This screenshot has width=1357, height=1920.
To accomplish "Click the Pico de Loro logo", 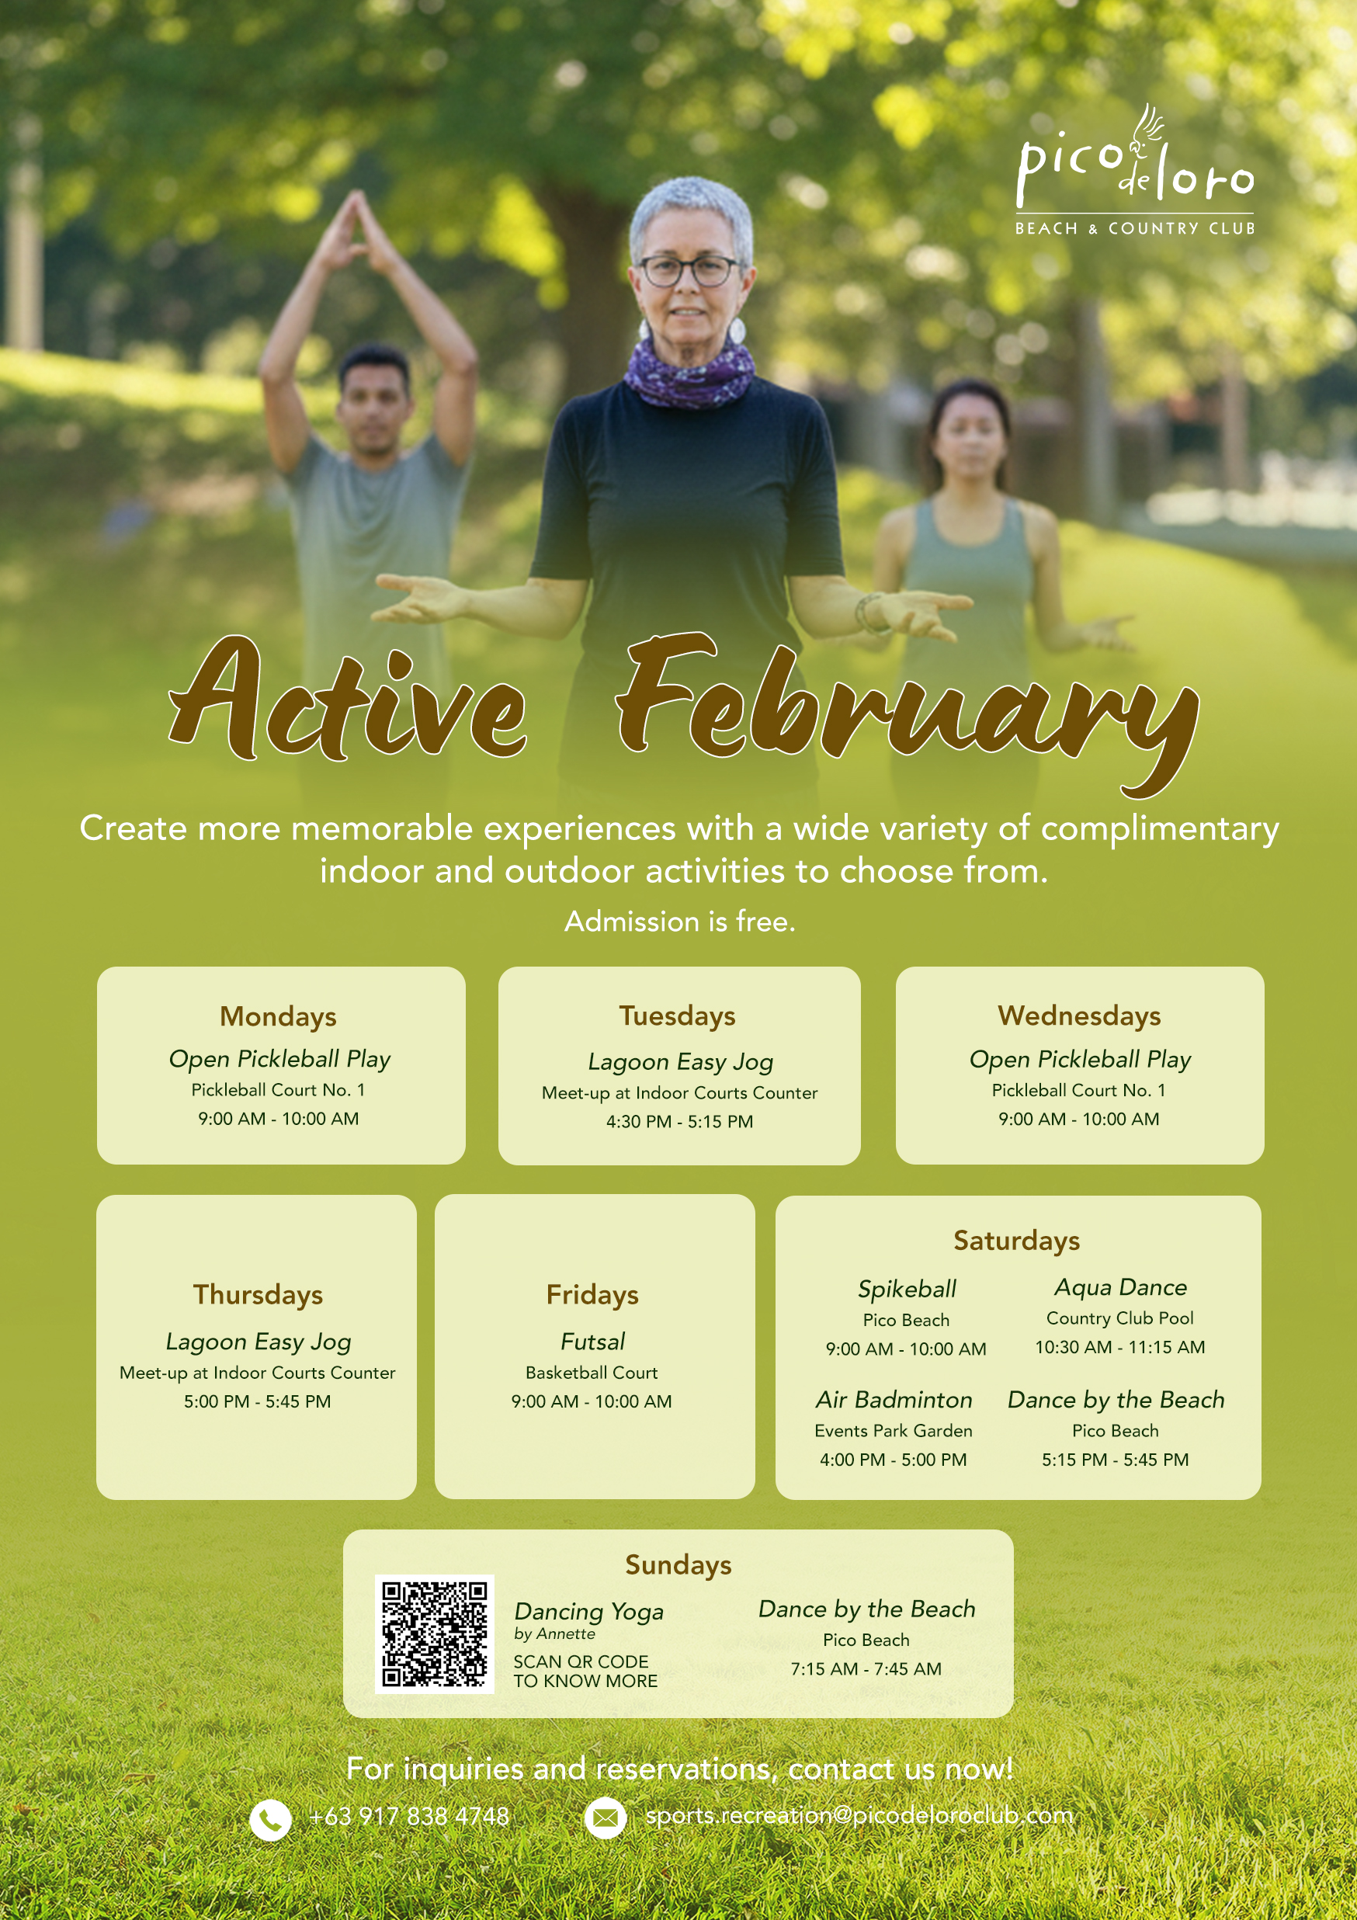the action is tap(1135, 170).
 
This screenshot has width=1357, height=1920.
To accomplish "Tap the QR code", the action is tap(434, 1634).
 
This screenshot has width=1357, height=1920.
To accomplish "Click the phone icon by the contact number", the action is tap(271, 1820).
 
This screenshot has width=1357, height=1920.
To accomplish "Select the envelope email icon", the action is tap(605, 1818).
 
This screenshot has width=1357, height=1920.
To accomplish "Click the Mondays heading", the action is tap(279, 1016).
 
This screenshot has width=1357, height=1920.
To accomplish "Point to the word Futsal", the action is tap(593, 1342).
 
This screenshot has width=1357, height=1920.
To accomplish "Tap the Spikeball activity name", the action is tap(908, 1290).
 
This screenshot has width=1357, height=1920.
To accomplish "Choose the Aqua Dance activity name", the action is tap(1120, 1287).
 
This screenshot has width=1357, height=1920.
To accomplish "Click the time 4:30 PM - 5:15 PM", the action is tap(680, 1121).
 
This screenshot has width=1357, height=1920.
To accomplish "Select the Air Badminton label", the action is tap(894, 1400).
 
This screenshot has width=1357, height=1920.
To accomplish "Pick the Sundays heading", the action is tap(678, 1564).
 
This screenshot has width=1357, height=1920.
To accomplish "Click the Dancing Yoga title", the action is tap(588, 1612).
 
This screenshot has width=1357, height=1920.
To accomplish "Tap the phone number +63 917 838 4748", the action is tap(409, 1816).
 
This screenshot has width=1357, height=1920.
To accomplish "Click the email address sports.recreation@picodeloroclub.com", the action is tap(859, 1815).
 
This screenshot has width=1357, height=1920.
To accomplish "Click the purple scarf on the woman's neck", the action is tap(691, 371).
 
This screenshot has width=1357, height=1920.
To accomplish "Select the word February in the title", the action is tap(908, 713).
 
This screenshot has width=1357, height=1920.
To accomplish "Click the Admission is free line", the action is tap(680, 922).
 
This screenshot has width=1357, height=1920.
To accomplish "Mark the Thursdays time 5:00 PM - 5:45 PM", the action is tap(258, 1401).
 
